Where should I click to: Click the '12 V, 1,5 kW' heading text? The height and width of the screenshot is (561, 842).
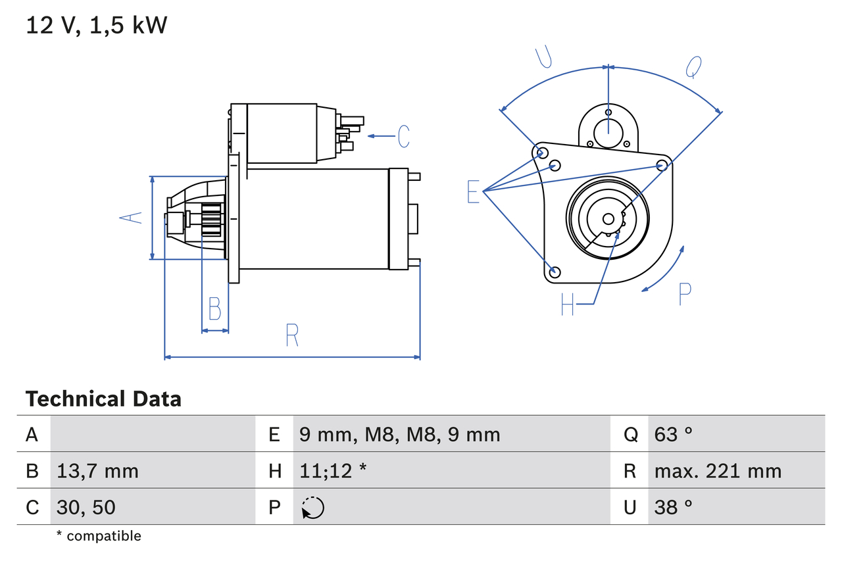[97, 26]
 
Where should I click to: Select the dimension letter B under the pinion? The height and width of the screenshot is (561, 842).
[214, 308]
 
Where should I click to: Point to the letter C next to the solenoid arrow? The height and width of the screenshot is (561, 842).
[403, 136]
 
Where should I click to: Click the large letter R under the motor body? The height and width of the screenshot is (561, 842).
[292, 335]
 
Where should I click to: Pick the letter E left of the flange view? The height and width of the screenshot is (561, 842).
[473, 191]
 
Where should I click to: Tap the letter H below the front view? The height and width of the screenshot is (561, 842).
[568, 305]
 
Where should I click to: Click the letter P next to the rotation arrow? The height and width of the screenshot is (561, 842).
[685, 294]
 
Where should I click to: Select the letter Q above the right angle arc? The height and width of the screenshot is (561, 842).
[694, 66]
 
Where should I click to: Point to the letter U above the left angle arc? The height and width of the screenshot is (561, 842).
[543, 57]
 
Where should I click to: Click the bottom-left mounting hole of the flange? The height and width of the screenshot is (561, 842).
[555, 272]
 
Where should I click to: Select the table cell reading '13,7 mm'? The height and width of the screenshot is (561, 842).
[97, 471]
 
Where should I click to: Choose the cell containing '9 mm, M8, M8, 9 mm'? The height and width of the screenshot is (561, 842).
[399, 435]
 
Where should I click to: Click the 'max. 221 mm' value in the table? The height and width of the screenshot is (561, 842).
[718, 471]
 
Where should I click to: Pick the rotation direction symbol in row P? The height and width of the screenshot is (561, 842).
[312, 508]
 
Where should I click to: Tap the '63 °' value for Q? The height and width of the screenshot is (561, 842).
[674, 435]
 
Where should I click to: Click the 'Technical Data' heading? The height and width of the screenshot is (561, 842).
[103, 399]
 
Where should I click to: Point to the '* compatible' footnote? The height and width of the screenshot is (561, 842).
[99, 536]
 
